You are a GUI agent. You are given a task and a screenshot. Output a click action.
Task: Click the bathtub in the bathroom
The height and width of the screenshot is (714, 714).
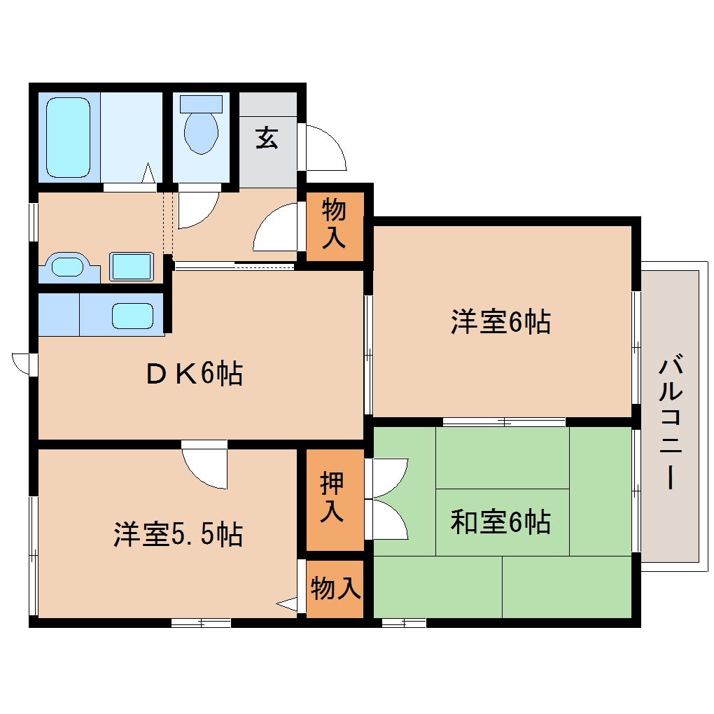point(68,137)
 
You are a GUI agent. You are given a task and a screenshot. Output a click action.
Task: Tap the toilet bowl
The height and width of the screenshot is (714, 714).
point(201,133)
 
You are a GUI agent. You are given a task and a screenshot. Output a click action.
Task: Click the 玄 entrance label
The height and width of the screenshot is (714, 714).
point(267,138)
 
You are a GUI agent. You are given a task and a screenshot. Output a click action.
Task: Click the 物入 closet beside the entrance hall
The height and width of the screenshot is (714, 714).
point(334,224)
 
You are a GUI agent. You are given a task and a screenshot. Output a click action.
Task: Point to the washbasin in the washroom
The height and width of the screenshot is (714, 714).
point(67,267)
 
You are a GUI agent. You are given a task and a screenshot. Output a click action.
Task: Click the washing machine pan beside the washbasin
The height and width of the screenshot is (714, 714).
point(131,267)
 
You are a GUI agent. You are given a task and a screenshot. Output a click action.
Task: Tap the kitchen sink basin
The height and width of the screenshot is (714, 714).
point(132,316)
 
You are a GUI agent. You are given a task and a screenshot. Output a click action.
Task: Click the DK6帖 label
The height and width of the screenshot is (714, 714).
point(195,374)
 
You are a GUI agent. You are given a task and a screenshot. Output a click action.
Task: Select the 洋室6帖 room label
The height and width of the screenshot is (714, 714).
point(500,322)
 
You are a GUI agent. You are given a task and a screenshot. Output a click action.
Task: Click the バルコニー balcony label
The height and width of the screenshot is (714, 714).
point(670,423)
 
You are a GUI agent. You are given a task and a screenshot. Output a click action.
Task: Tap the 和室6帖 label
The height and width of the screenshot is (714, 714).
point(500,521)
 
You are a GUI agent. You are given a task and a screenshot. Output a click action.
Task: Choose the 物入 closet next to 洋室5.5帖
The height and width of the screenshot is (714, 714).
point(335,589)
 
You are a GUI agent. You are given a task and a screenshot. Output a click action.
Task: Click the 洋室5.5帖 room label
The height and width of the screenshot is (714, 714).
point(178,535)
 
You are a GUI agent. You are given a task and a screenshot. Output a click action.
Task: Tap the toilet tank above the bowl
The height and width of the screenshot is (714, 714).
point(200,104)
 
